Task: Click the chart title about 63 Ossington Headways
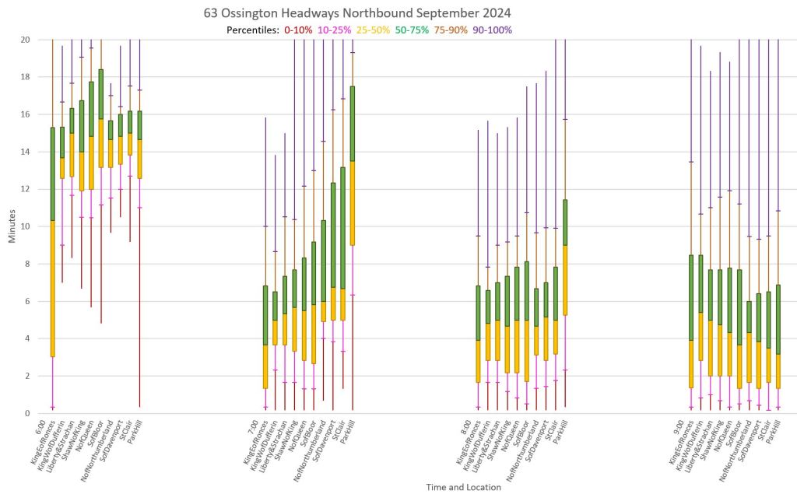[357, 13]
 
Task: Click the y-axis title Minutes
[13, 226]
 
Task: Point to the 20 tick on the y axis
[24, 40]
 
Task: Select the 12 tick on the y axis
[24, 189]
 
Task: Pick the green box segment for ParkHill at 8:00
[565, 222]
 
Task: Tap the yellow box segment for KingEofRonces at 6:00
[52, 288]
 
